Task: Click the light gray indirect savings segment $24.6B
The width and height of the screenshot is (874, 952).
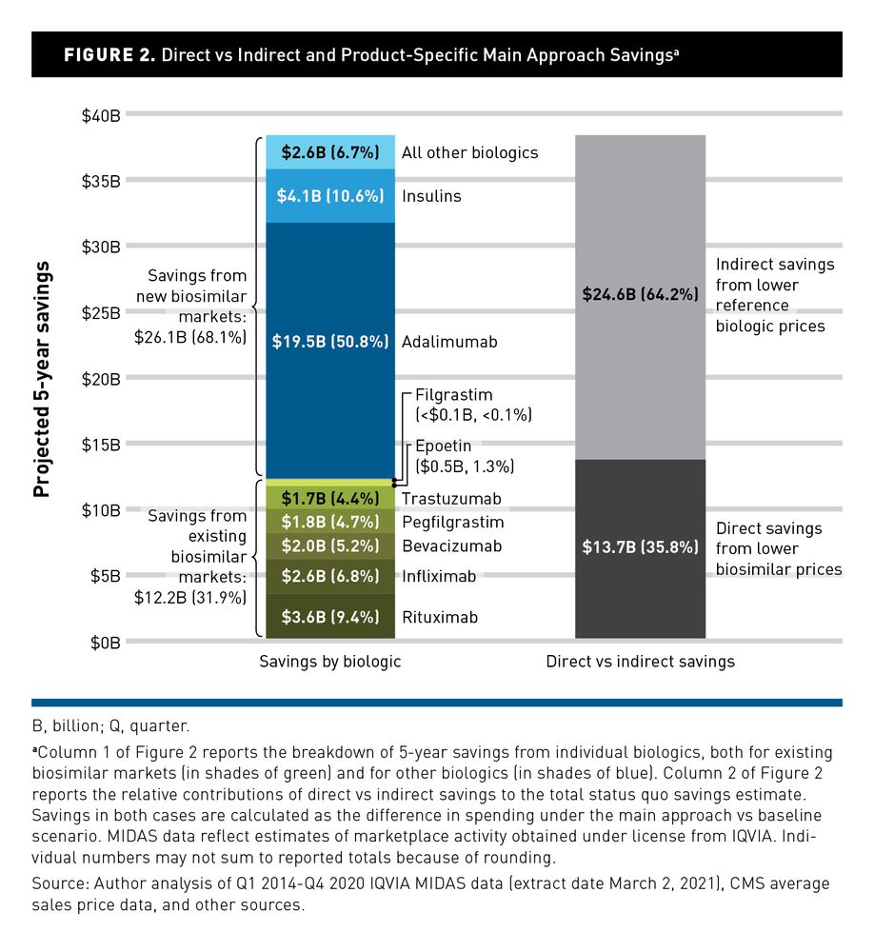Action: tap(640, 295)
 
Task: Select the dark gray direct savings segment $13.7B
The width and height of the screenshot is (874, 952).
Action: tap(640, 547)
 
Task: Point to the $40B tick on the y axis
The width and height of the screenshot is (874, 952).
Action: tap(100, 115)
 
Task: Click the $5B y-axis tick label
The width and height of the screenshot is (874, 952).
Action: tap(104, 576)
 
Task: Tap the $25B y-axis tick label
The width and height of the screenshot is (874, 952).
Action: tap(100, 312)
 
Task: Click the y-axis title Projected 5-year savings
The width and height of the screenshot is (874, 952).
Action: tap(42, 378)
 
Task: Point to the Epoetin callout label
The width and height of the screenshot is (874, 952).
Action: tap(443, 446)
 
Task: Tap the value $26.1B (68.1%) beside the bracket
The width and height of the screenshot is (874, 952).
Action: tap(190, 336)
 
